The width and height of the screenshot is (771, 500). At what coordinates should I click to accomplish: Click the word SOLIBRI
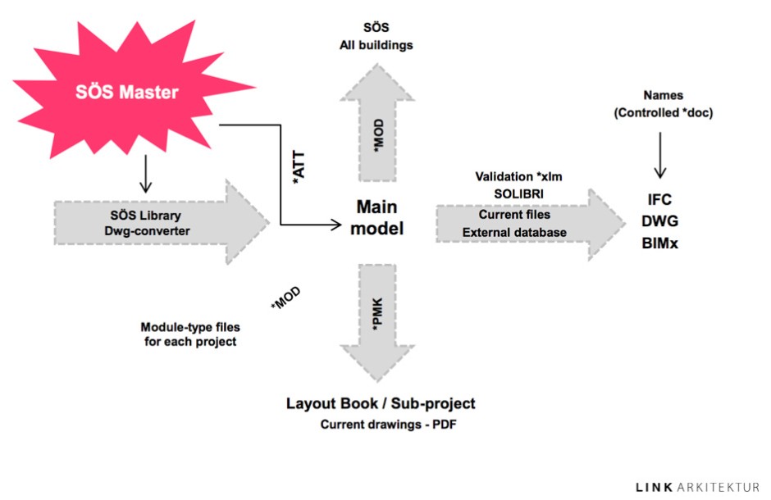point(514,195)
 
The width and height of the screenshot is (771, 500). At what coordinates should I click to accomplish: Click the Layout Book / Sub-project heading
point(381,403)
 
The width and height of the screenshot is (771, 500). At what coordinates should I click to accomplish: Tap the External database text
point(514,232)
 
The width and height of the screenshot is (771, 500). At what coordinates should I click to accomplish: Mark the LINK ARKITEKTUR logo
point(697,488)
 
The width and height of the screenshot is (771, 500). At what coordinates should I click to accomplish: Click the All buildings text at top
point(376,45)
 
